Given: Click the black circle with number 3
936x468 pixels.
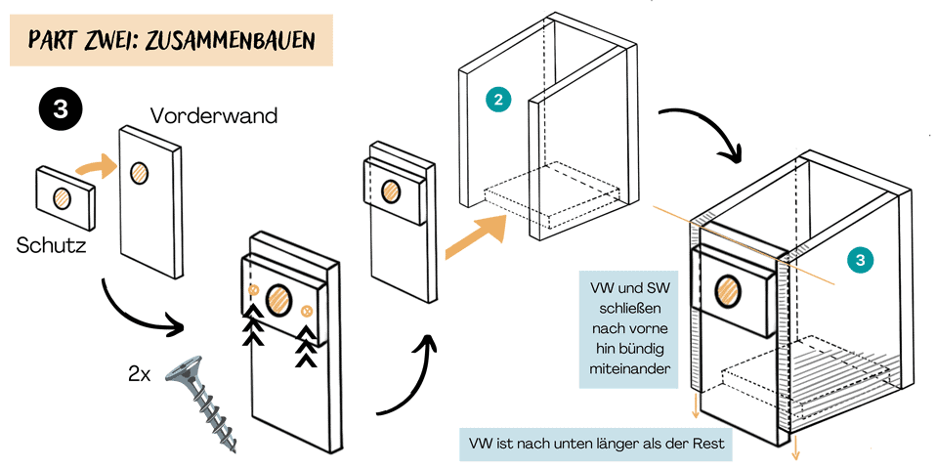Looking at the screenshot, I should (61, 109).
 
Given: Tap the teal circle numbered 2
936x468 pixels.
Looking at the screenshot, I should (498, 100).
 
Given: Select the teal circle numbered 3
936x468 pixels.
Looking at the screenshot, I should (859, 260).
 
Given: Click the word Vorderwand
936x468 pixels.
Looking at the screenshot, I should (214, 115).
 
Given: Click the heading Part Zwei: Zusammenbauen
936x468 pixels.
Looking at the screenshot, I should (170, 40).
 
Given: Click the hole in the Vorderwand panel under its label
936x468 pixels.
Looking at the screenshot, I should (140, 172).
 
